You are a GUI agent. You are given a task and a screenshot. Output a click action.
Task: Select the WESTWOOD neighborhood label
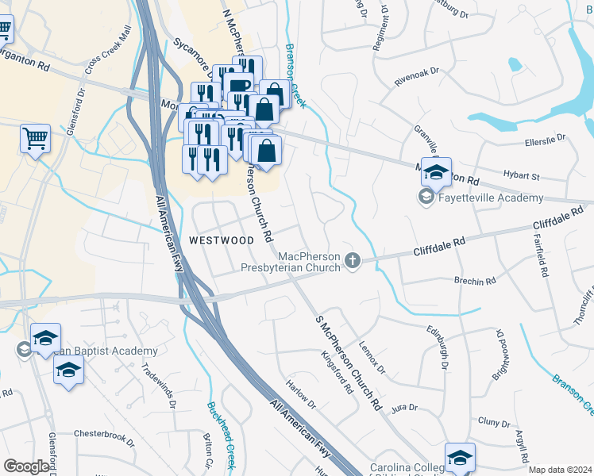tap(222, 239)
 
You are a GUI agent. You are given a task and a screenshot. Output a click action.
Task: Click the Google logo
tap(26, 466)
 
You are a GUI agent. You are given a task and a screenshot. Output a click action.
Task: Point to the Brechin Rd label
tap(475, 281)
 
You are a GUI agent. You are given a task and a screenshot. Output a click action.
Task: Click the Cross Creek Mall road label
tap(108, 53)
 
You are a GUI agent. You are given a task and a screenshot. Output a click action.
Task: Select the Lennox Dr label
tap(371, 358)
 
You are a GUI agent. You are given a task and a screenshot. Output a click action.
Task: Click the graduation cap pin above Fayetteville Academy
tap(435, 172)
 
